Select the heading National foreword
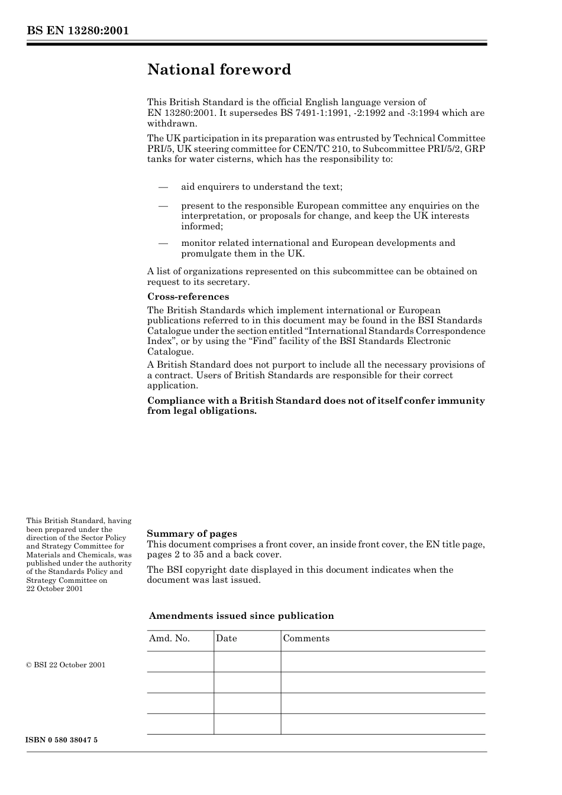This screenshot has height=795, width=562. click(219, 70)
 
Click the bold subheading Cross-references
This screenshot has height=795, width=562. click(188, 297)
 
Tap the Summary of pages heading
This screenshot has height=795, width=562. click(192, 534)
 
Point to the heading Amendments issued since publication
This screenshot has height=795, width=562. click(241, 616)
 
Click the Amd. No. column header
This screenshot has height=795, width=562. click(169, 638)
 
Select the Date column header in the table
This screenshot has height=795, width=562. click(226, 638)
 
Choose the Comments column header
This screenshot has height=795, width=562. click(306, 638)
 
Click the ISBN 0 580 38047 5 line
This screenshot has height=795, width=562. click(62, 740)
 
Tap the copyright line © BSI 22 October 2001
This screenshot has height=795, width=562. click(66, 665)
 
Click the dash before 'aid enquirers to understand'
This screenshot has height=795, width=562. click(164, 187)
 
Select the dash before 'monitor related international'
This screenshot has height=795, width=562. click(164, 243)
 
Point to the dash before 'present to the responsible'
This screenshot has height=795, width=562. click(164, 206)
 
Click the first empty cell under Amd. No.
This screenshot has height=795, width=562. click(180, 662)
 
